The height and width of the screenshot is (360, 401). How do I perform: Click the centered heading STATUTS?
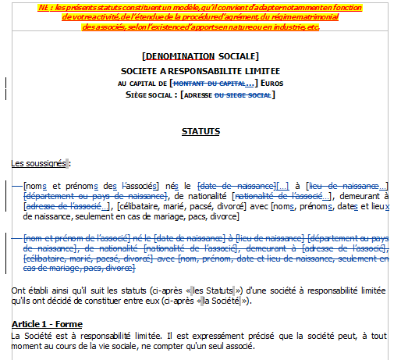click(x=200, y=131)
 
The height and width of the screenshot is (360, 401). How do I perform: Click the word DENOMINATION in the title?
click(x=180, y=56)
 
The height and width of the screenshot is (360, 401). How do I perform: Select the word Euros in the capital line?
click(x=273, y=82)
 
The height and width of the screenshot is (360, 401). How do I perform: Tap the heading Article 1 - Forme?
click(x=47, y=324)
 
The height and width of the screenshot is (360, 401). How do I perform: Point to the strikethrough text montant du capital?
click(x=210, y=82)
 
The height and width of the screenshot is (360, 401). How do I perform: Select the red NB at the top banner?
click(x=42, y=7)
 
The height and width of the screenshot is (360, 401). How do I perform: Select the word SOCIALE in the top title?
click(x=237, y=56)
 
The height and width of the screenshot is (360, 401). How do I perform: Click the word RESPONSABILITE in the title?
click(x=195, y=69)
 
